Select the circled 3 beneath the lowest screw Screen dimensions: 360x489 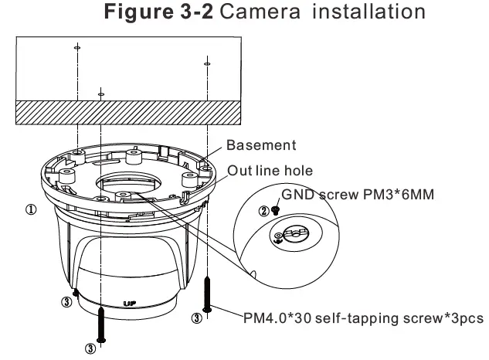pyautogui.click(x=90, y=348)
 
